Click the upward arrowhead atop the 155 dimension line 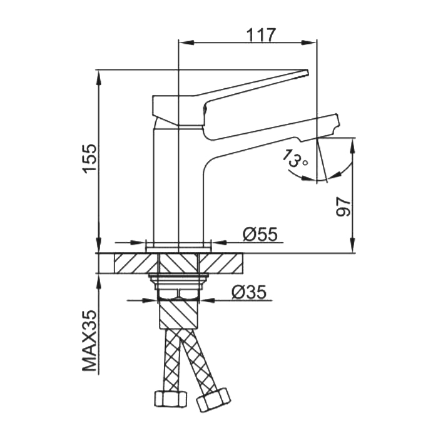[99, 75]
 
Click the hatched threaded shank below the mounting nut [178, 313]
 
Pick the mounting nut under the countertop [178, 281]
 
